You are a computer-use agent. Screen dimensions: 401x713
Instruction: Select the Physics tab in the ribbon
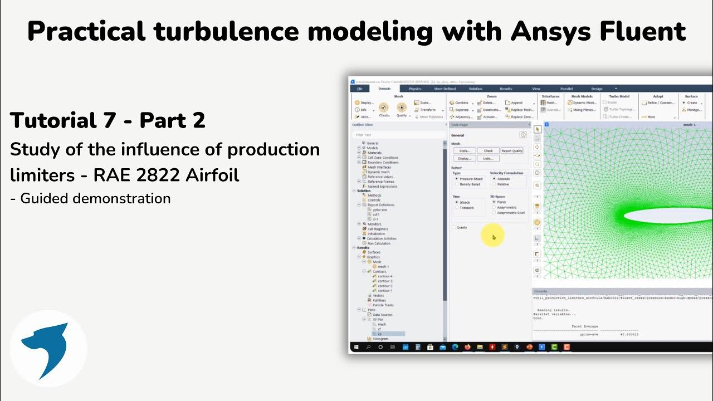pyautogui.click(x=414, y=89)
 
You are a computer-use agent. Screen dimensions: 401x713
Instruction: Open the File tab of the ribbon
pyautogui.click(x=360, y=89)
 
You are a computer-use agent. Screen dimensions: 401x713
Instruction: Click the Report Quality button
pyautogui.click(x=511, y=151)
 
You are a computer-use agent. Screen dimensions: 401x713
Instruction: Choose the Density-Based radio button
pyautogui.click(x=457, y=184)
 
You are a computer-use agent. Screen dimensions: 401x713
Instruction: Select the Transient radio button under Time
pyautogui.click(x=457, y=207)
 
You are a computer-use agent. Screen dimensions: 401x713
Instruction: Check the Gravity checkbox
pyautogui.click(x=453, y=227)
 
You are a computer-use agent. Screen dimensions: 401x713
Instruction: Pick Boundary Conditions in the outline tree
pyautogui.click(x=383, y=163)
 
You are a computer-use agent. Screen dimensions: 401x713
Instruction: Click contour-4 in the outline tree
pyautogui.click(x=385, y=276)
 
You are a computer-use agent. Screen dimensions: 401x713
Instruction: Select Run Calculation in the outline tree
pyautogui.click(x=379, y=243)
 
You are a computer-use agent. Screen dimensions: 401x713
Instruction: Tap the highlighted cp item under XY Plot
pyautogui.click(x=380, y=334)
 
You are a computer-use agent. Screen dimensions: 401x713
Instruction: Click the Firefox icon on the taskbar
pyautogui.click(x=467, y=347)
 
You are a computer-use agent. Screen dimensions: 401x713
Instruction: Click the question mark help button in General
pyautogui.click(x=523, y=135)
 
